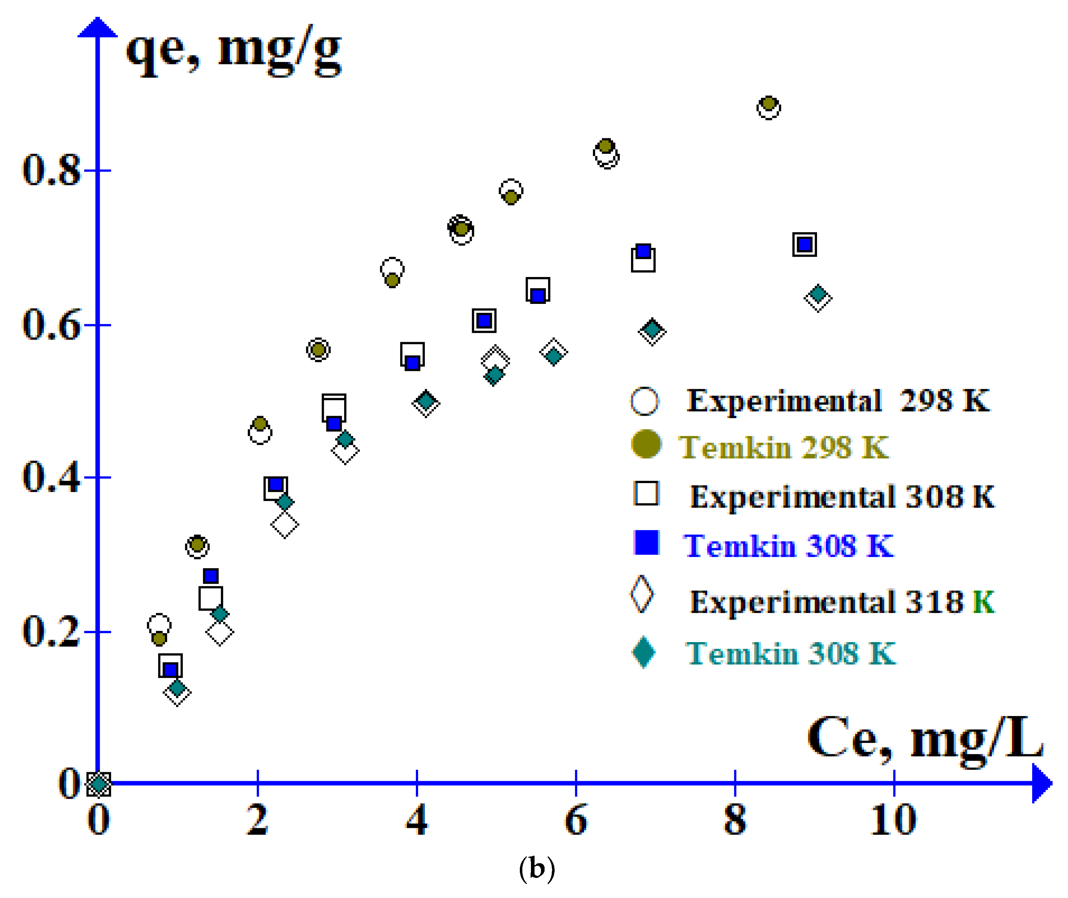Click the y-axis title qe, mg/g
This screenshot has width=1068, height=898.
pos(233,51)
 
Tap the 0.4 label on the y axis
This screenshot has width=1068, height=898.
pos(51,478)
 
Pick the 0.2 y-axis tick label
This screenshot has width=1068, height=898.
pos(51,632)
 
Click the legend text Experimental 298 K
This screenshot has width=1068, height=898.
pos(838,401)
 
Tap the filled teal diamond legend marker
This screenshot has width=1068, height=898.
pos(644,652)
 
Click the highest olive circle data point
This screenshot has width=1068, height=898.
pos(769,104)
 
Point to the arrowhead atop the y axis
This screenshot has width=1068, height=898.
pos(97,28)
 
